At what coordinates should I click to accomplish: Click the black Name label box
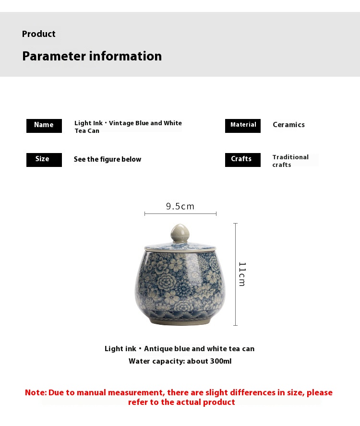(44, 126)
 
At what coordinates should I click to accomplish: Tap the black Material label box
(243, 126)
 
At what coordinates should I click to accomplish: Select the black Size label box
(44, 160)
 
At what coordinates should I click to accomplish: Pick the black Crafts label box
(243, 160)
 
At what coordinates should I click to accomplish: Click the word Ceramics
(288, 125)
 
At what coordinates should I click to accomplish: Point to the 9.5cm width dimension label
(180, 206)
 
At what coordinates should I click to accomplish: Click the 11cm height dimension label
(242, 274)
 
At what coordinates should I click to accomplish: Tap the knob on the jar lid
(180, 234)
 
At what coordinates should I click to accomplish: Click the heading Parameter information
(92, 56)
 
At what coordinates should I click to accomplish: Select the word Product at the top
(39, 34)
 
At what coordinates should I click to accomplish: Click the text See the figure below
(108, 160)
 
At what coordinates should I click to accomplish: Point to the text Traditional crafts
(290, 161)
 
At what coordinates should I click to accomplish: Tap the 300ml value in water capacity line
(221, 361)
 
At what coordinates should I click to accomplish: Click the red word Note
(36, 392)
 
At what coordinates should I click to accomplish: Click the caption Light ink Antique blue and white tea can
(180, 349)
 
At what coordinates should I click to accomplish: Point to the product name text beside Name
(128, 127)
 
